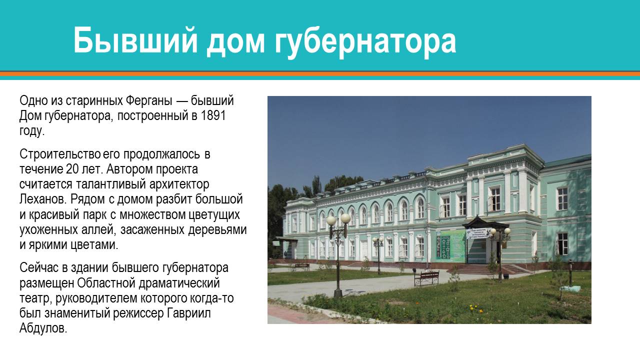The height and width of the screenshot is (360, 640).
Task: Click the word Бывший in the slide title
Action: click(x=133, y=41)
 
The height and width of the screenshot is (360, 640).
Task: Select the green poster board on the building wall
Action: click(x=450, y=244)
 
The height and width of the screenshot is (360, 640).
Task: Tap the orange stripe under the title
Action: click(x=320, y=73)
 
